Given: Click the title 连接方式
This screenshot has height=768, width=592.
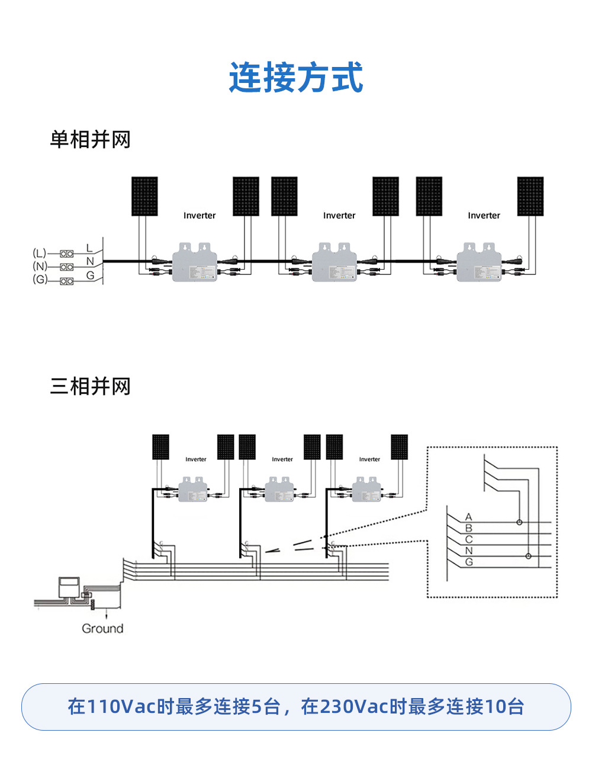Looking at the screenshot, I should coord(296,78).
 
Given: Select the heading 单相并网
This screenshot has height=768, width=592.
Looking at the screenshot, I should coord(90,140).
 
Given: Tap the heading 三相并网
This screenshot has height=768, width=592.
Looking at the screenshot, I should coord(90,386).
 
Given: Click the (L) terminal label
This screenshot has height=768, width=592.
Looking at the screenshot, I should coord(39,253).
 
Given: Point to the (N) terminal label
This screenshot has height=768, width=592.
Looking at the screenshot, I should coord(39,266).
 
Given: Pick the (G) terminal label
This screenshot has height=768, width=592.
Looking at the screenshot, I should coord(39,279).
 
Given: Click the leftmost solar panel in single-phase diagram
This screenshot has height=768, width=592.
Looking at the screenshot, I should coord(144,196).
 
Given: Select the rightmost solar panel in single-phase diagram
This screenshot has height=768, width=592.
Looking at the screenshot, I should coord(530,196).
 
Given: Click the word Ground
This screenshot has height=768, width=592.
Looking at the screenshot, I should coord(102,629).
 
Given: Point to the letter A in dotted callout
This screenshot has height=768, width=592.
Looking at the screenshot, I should coord(469,517).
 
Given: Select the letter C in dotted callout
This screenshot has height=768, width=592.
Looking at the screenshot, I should coord(469,539).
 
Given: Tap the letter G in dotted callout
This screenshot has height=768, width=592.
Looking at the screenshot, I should coord(469,562).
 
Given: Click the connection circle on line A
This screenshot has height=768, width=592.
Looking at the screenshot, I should coord(519,522).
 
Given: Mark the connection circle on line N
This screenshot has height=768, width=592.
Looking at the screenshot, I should coord(529,556).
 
